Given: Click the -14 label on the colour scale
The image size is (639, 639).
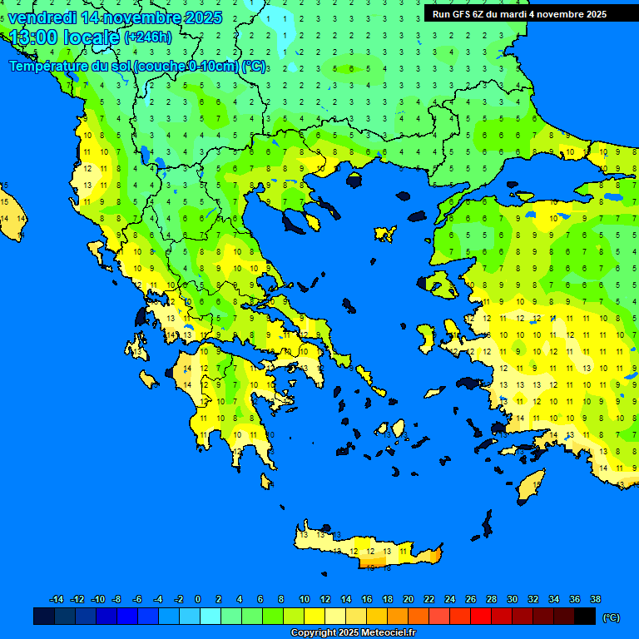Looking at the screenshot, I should [57, 599].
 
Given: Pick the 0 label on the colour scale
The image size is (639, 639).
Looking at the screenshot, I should [198, 599].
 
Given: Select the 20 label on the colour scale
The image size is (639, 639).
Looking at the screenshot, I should [408, 599].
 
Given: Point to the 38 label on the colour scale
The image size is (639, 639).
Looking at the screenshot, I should [595, 599].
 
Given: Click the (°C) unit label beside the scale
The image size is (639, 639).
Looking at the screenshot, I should [612, 617].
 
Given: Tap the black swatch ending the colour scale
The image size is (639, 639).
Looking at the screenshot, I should [585, 617].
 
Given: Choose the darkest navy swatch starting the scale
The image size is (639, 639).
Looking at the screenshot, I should [44, 617].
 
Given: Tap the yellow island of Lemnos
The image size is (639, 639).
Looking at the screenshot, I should [384, 234].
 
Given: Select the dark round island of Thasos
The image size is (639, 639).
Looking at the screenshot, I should [354, 181].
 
